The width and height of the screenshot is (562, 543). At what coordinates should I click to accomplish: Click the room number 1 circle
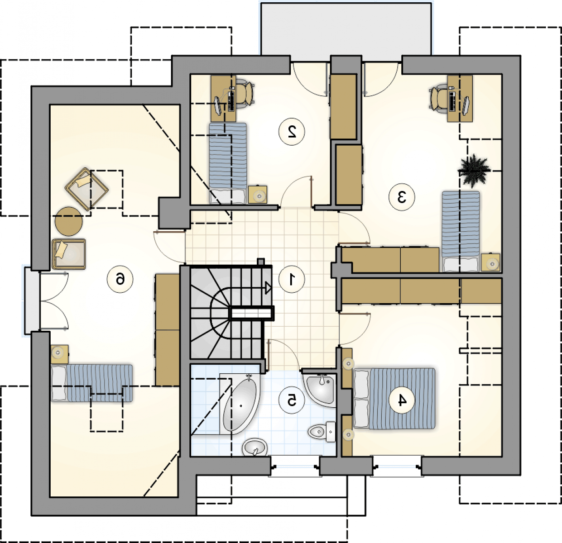(x=292, y=279)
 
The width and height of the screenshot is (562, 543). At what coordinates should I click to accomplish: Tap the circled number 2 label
(x=292, y=131)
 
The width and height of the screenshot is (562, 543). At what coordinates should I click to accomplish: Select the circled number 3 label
(x=401, y=197)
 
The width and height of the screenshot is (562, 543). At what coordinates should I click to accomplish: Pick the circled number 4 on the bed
(x=401, y=400)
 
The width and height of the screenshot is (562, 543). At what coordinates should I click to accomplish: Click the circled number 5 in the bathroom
(x=292, y=400)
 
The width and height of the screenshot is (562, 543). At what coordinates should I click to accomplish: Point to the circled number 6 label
(x=120, y=279)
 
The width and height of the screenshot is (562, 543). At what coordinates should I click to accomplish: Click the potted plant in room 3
(x=474, y=171)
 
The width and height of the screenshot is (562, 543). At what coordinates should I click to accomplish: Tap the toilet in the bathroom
(x=322, y=432)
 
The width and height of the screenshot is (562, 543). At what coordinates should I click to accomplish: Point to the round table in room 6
(x=69, y=221)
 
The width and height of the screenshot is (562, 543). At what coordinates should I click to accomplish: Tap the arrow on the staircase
(x=268, y=288)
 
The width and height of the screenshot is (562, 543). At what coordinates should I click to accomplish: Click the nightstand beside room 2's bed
(x=258, y=195)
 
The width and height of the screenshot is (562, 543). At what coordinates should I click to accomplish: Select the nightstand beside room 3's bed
(x=490, y=262)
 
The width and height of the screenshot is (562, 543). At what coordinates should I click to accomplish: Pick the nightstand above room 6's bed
(x=59, y=354)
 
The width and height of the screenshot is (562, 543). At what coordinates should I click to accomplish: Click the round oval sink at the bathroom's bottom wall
(x=255, y=448)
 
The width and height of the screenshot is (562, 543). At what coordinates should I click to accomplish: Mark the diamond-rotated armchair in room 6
(x=86, y=189)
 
